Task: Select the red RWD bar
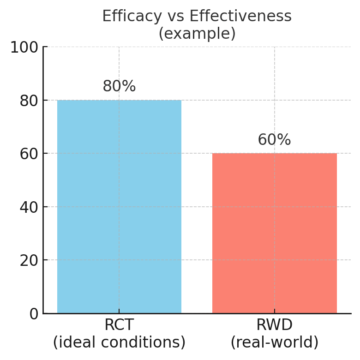coord(274,233)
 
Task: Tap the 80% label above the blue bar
coord(119,86)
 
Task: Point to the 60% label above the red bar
coord(274,140)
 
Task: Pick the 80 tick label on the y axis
coord(29,101)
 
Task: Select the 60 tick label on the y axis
coord(29,154)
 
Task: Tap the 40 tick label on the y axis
coord(29,207)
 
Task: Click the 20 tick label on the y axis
coord(29,260)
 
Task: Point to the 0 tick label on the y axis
coord(33,314)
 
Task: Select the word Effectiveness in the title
coord(247,16)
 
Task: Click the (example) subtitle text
coord(197,34)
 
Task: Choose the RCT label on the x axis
coord(119,325)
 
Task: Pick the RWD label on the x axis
coord(274,325)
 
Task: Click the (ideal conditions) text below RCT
coord(119,342)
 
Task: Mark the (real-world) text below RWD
coord(274,342)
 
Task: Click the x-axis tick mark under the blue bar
coord(119,311)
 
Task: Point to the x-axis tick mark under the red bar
coord(274,311)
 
